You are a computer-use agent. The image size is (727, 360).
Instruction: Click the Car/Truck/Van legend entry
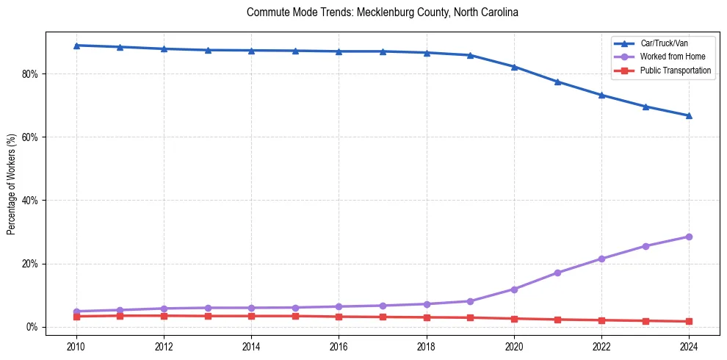click(664, 43)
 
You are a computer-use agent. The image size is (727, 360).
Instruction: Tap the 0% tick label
click(32, 327)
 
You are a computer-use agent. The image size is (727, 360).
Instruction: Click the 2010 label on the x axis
click(76, 345)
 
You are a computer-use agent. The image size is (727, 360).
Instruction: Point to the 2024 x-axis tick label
click(689, 345)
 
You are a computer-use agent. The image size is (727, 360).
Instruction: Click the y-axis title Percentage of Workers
click(12, 184)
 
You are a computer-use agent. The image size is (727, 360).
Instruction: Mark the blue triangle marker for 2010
click(76, 46)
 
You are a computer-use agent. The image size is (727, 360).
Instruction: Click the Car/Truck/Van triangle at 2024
click(689, 115)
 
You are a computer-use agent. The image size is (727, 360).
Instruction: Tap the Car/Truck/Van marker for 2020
click(514, 67)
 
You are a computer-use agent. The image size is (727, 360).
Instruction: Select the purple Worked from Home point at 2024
click(689, 237)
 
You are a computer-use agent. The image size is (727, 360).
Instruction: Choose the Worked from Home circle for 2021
click(557, 273)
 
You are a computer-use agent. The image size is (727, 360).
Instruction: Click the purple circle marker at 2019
click(470, 301)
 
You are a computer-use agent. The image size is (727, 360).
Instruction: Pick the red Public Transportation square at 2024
click(689, 321)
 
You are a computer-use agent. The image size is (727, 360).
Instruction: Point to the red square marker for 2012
click(164, 316)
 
